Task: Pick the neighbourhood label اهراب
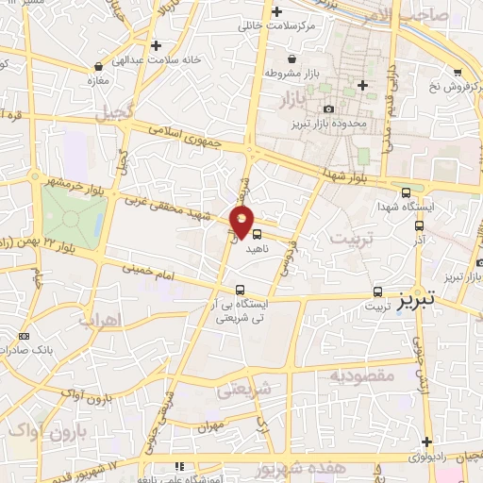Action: click(100, 320)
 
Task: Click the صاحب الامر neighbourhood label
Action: click(442, 14)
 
